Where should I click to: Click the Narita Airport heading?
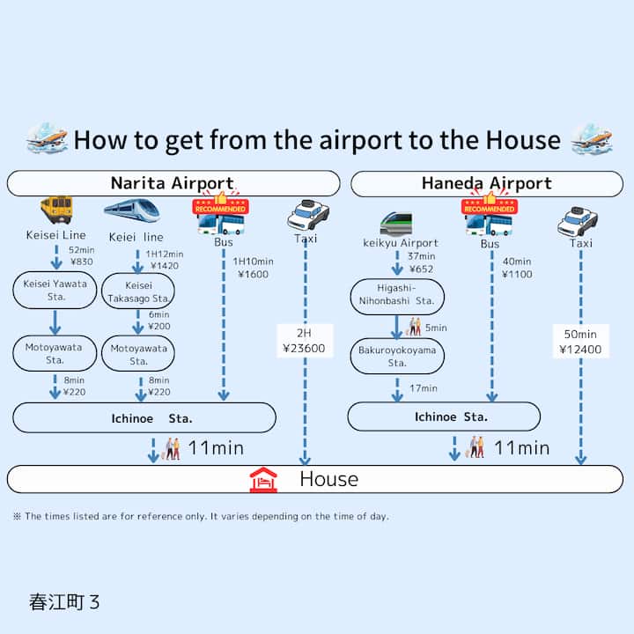click(172, 183)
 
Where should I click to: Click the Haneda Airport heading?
click(486, 183)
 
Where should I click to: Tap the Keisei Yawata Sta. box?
click(55, 291)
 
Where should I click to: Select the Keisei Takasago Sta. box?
click(138, 291)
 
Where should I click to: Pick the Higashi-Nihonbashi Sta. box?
click(397, 296)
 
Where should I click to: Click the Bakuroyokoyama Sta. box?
click(396, 356)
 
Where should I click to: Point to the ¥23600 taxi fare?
click(305, 348)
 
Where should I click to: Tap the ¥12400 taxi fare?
click(580, 350)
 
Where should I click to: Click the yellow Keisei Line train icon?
click(55, 210)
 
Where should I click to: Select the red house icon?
click(262, 479)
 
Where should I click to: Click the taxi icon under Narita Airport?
click(307, 214)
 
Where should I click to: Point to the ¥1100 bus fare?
click(517, 274)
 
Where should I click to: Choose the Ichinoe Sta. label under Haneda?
click(451, 417)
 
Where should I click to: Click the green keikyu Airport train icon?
click(395, 223)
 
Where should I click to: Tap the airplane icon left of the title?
click(47, 139)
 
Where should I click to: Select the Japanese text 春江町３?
click(64, 602)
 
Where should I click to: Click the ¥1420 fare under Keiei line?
click(165, 265)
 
